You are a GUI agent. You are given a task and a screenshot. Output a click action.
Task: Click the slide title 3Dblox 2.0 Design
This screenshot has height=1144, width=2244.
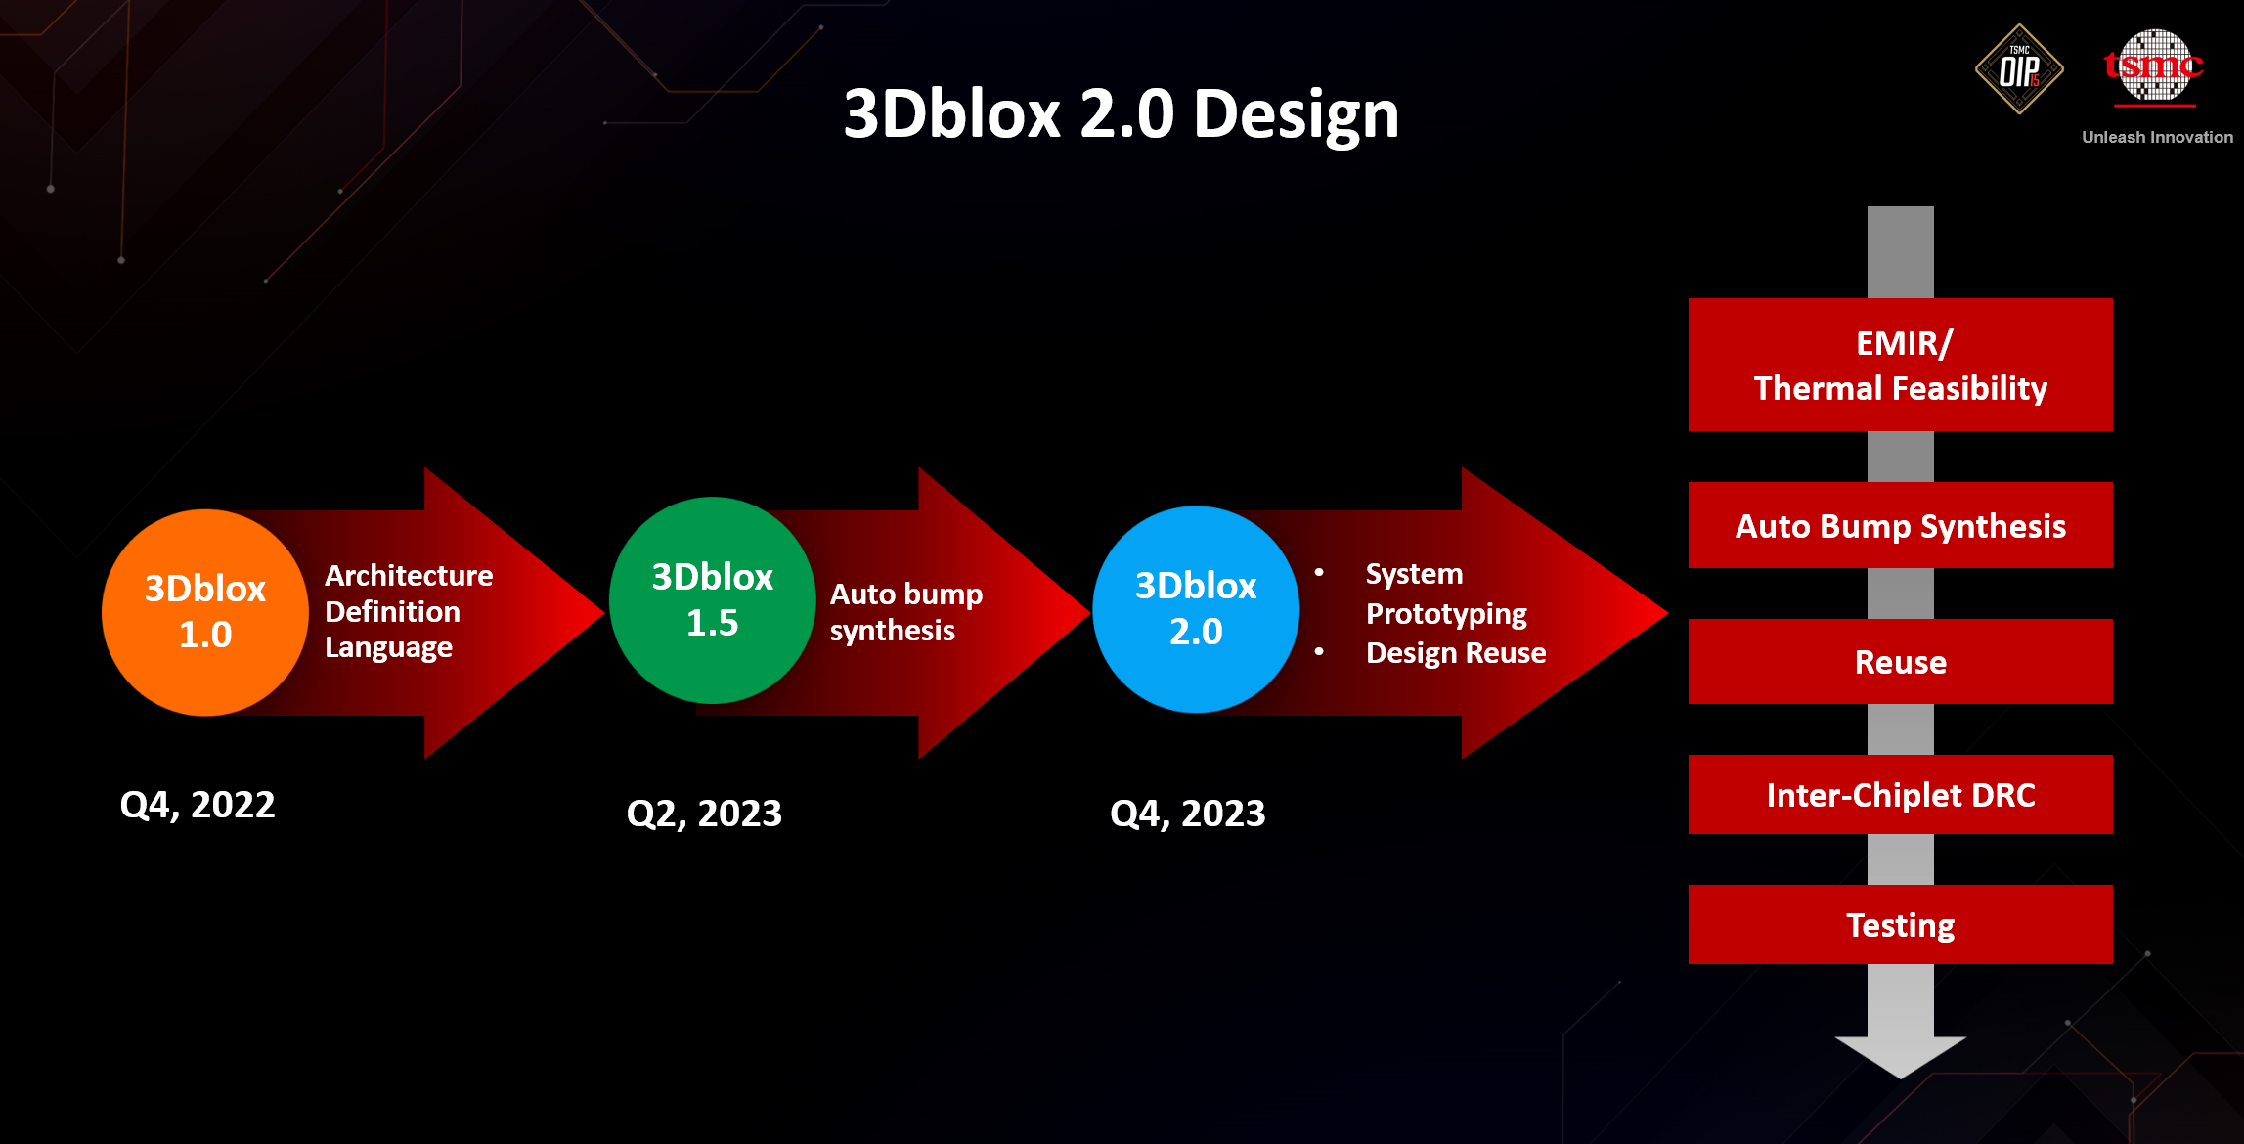click(1122, 114)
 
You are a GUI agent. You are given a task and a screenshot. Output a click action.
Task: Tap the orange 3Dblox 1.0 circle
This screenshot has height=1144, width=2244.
click(205, 612)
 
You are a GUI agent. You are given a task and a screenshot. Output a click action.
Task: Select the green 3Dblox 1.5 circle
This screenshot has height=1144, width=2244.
click(713, 600)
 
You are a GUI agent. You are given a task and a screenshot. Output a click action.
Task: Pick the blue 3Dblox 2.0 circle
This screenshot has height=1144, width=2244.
click(1196, 609)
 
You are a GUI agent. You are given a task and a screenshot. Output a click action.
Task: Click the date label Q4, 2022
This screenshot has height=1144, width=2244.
click(198, 805)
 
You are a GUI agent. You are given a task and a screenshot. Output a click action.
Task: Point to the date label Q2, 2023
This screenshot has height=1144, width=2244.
click(704, 814)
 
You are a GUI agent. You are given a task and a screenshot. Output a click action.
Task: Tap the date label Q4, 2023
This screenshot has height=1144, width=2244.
click(1188, 814)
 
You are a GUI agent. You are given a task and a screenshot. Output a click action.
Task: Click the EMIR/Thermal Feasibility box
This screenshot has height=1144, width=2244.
click(1901, 365)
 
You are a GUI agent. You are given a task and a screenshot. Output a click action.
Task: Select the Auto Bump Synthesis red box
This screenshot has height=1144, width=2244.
click(1901, 525)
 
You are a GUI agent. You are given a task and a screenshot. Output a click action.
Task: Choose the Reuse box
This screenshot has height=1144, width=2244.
click(1901, 661)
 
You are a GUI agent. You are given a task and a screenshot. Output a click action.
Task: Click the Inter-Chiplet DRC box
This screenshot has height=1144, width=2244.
click(1901, 794)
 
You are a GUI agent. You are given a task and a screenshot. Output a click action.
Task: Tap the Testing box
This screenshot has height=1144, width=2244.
click(1901, 924)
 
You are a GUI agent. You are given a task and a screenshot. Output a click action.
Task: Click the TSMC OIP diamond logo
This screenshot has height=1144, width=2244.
click(2019, 69)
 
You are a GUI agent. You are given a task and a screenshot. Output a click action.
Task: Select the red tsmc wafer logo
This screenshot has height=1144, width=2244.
click(2154, 66)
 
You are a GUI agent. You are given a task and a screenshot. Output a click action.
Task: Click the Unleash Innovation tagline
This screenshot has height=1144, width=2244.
click(2157, 137)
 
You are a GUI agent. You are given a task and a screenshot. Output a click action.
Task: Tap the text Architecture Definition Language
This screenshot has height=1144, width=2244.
click(409, 611)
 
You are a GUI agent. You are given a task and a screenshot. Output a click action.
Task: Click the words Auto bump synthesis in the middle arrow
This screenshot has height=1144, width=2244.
click(906, 612)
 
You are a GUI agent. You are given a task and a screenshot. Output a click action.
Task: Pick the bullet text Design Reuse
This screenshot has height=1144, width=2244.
click(1456, 653)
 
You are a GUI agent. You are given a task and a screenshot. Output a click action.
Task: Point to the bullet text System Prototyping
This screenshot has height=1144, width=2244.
click(1446, 594)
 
